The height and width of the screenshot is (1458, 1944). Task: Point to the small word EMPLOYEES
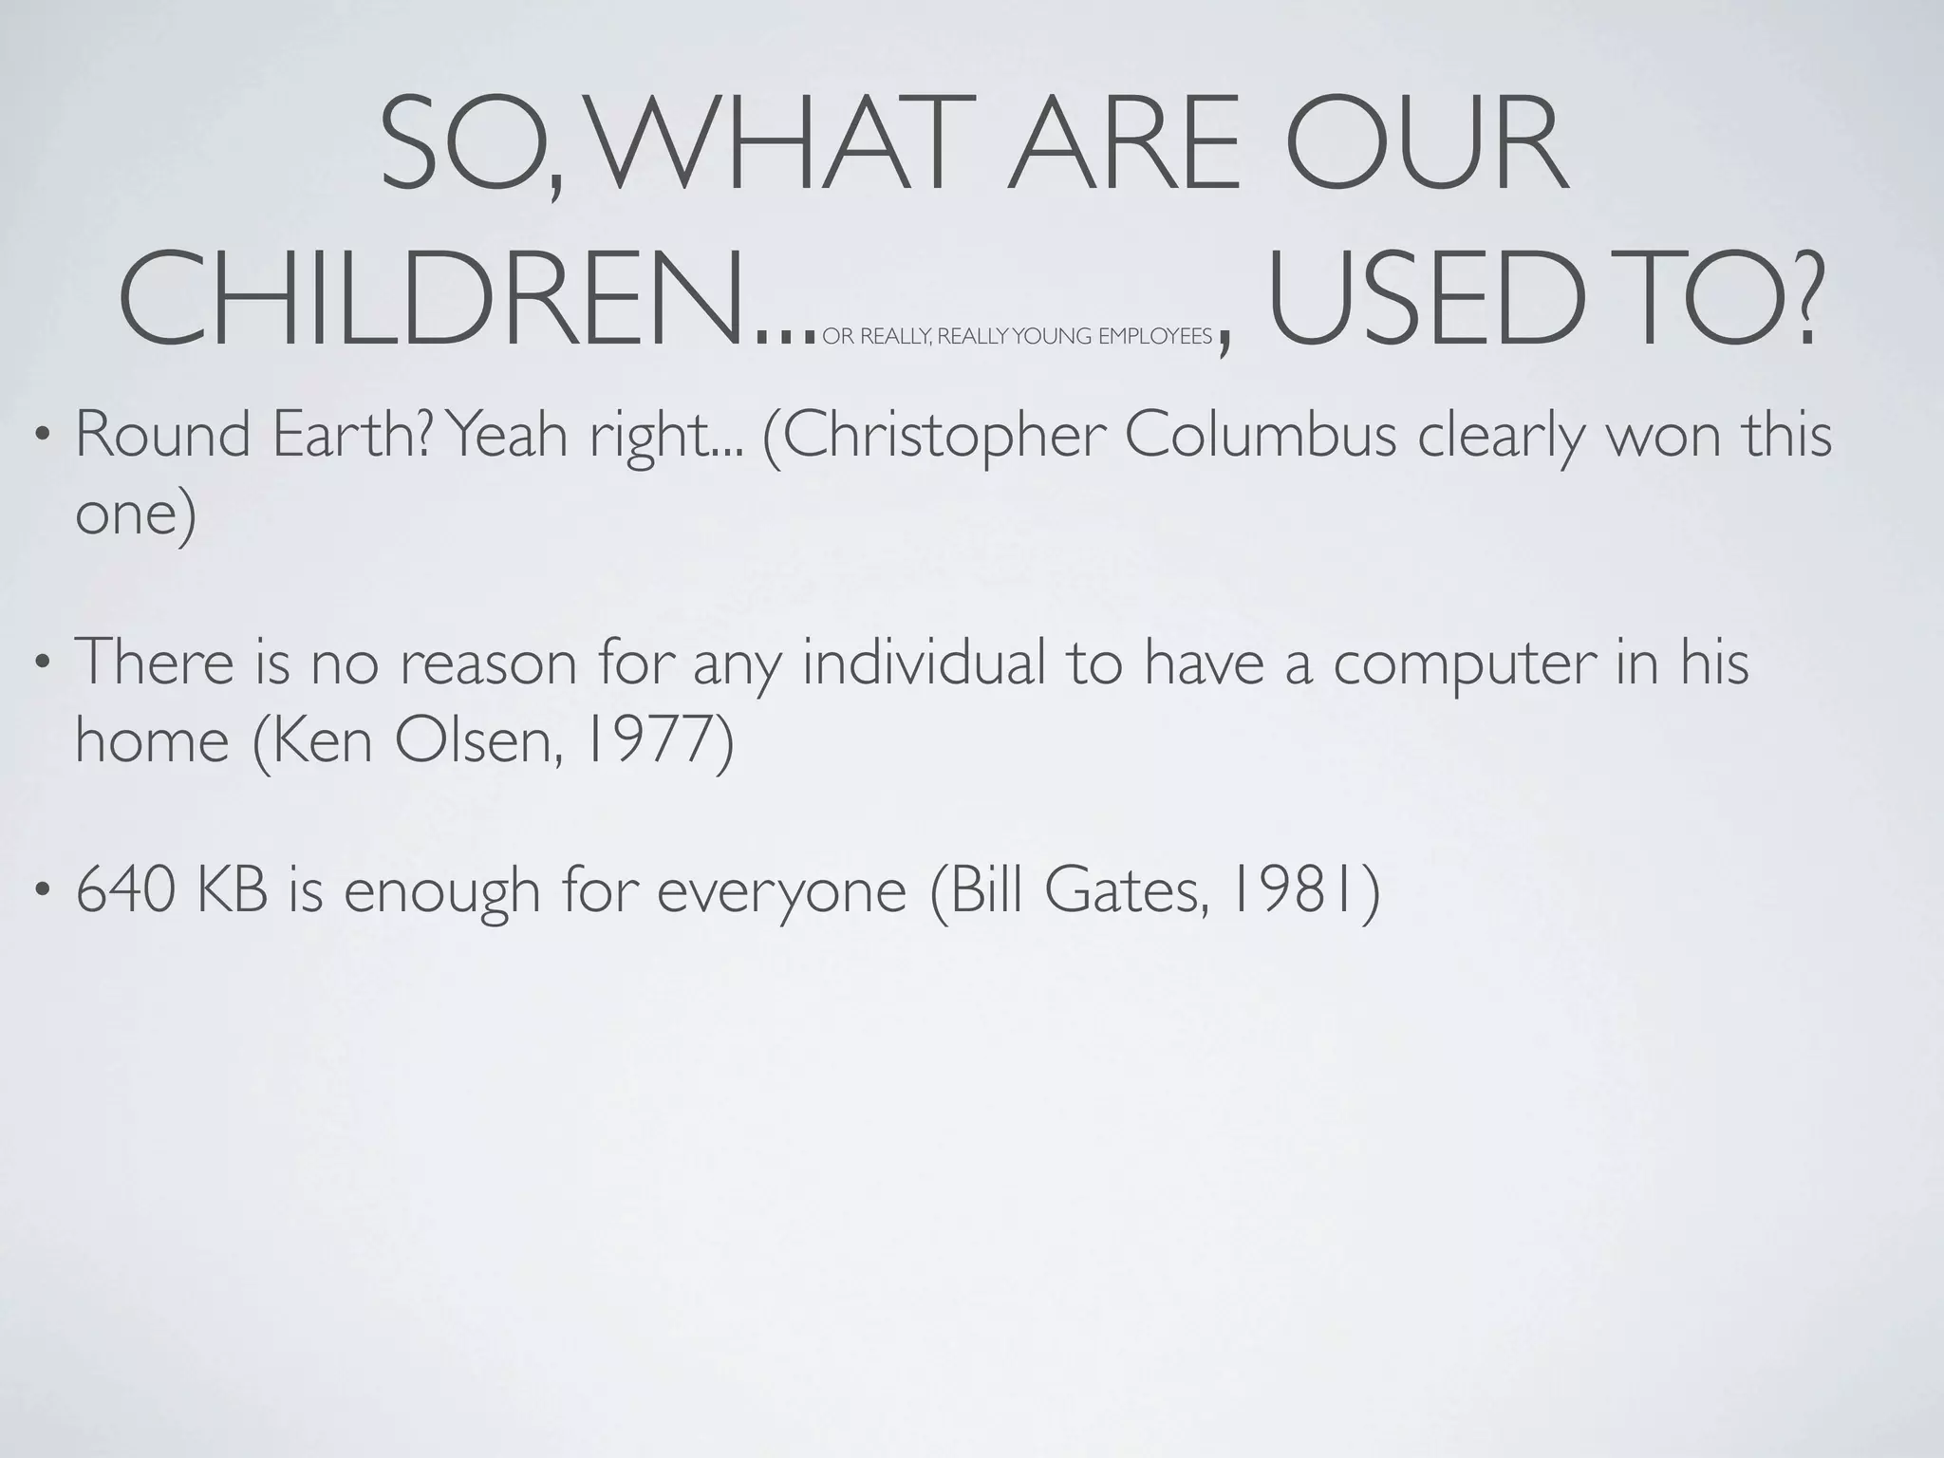click(1155, 337)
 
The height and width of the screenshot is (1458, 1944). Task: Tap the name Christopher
click(935, 436)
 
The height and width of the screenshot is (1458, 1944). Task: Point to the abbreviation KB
click(233, 891)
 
